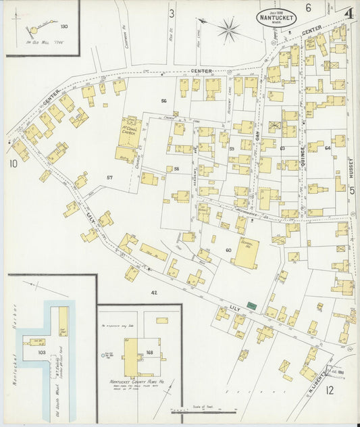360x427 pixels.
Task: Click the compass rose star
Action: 230,28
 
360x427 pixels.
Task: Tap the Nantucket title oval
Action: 277,18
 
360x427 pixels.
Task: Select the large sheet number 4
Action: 349,14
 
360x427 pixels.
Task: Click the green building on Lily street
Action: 252,306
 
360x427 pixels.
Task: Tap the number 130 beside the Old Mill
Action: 63,26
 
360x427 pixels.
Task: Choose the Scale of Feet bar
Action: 202,409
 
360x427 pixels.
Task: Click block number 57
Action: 109,178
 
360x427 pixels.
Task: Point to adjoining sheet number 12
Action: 330,390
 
